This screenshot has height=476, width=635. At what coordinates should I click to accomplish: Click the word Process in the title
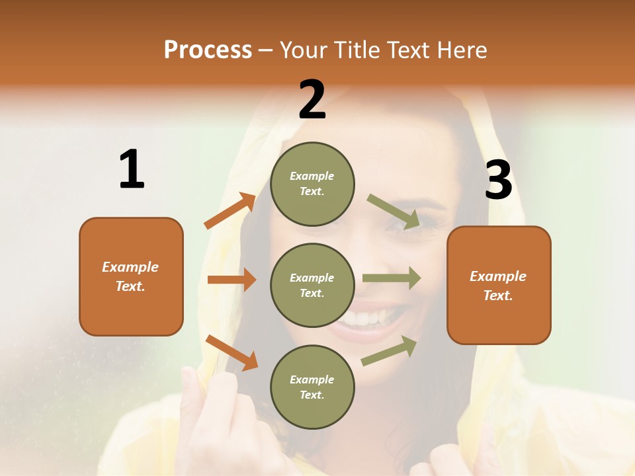tap(208, 50)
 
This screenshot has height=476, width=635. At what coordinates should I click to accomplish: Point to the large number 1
tap(132, 169)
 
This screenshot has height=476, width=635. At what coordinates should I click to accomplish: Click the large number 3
tap(498, 180)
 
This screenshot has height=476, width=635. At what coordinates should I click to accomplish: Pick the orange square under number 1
tap(131, 276)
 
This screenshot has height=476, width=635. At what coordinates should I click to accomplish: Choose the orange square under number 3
tap(499, 285)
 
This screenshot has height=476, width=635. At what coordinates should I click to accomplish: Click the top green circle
tap(312, 184)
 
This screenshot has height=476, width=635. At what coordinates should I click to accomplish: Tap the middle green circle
tap(312, 285)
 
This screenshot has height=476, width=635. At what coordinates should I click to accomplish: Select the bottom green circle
tap(312, 387)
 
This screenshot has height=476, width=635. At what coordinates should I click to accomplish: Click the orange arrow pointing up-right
tap(230, 210)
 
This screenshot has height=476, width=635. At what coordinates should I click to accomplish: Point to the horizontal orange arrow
tap(232, 280)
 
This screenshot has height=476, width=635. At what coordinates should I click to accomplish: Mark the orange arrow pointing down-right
tap(232, 352)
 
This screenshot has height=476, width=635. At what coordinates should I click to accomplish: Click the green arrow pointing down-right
tap(394, 212)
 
